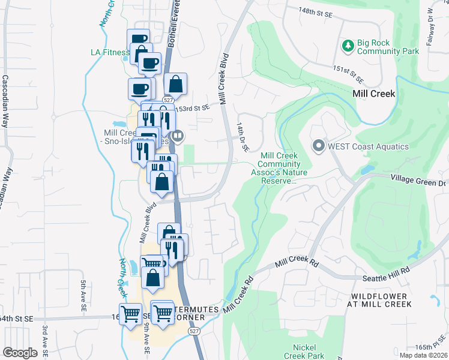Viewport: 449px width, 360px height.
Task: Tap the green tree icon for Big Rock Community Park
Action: [348, 46]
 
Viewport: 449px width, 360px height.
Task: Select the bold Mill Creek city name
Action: [373, 94]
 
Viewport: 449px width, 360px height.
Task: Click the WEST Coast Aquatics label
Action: [369, 146]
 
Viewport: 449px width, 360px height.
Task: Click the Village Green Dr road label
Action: [419, 178]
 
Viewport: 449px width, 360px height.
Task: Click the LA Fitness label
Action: [110, 52]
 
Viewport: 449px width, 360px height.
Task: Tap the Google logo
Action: [20, 353]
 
